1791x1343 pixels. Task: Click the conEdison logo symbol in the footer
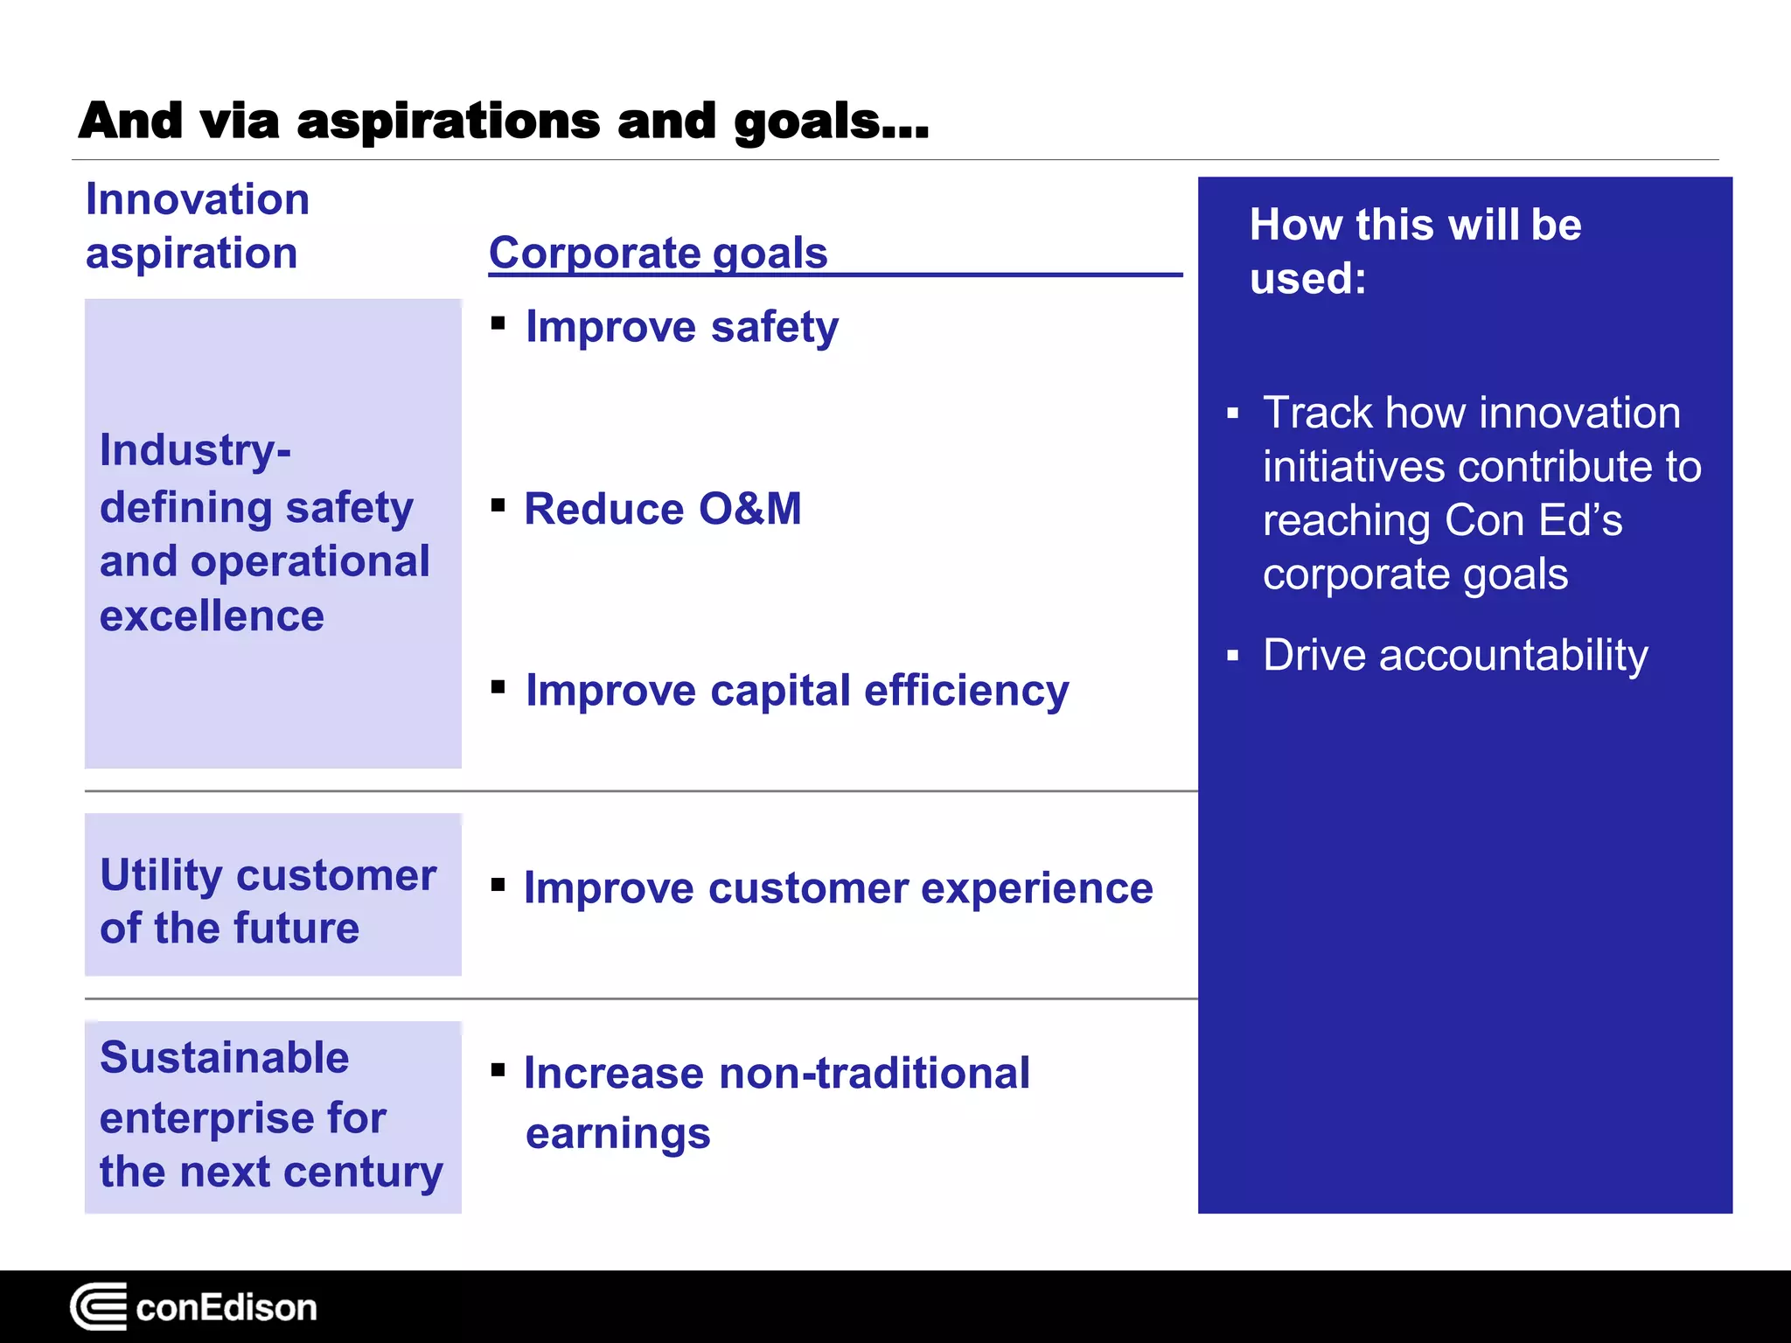98,1306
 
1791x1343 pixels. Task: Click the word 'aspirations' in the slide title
448,121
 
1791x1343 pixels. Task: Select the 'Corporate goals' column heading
658,253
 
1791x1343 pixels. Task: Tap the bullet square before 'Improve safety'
498,324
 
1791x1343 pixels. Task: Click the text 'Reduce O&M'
662,509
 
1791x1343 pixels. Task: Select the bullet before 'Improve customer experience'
498,885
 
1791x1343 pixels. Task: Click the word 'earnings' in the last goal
617,1133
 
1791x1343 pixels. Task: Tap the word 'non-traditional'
874,1073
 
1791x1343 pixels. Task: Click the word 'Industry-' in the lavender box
195,450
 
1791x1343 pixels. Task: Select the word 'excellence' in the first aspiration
212,616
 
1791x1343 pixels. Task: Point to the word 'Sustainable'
224,1057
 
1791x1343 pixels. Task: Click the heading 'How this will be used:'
1414,251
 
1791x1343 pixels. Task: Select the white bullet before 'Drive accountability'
1233,655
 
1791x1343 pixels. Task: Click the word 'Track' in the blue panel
1317,413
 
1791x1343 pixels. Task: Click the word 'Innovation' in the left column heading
198,199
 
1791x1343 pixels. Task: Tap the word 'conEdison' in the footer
226,1308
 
